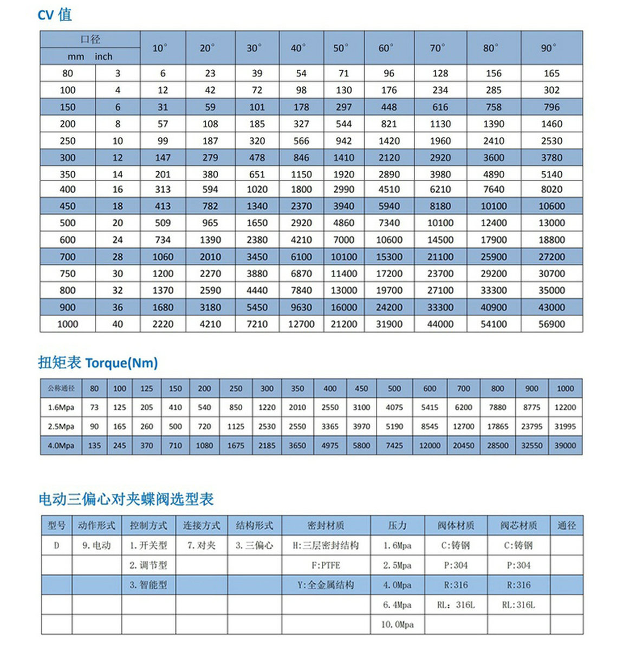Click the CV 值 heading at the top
[x=55, y=15]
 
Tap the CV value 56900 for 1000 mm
[x=551, y=324]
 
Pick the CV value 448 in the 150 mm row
[x=389, y=107]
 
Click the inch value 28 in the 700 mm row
[x=118, y=257]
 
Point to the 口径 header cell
[x=90, y=40]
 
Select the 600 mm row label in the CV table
[x=68, y=240]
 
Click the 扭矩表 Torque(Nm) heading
[x=98, y=363]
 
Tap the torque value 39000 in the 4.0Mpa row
[x=565, y=446]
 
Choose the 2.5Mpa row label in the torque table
[x=61, y=427]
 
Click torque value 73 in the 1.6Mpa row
[x=94, y=408]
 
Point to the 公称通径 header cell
[x=61, y=389]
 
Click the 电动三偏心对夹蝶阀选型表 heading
[x=126, y=499]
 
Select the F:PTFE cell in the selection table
[x=326, y=565]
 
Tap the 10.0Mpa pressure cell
[x=397, y=624]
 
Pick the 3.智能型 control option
[x=148, y=585]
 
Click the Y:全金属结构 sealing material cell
[x=326, y=585]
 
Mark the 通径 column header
[x=567, y=525]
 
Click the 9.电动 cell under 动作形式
[x=96, y=545]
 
